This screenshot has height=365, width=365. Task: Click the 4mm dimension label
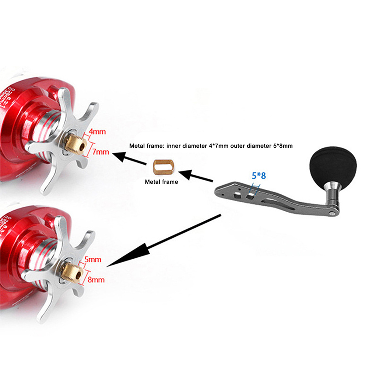coord(97,132)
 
